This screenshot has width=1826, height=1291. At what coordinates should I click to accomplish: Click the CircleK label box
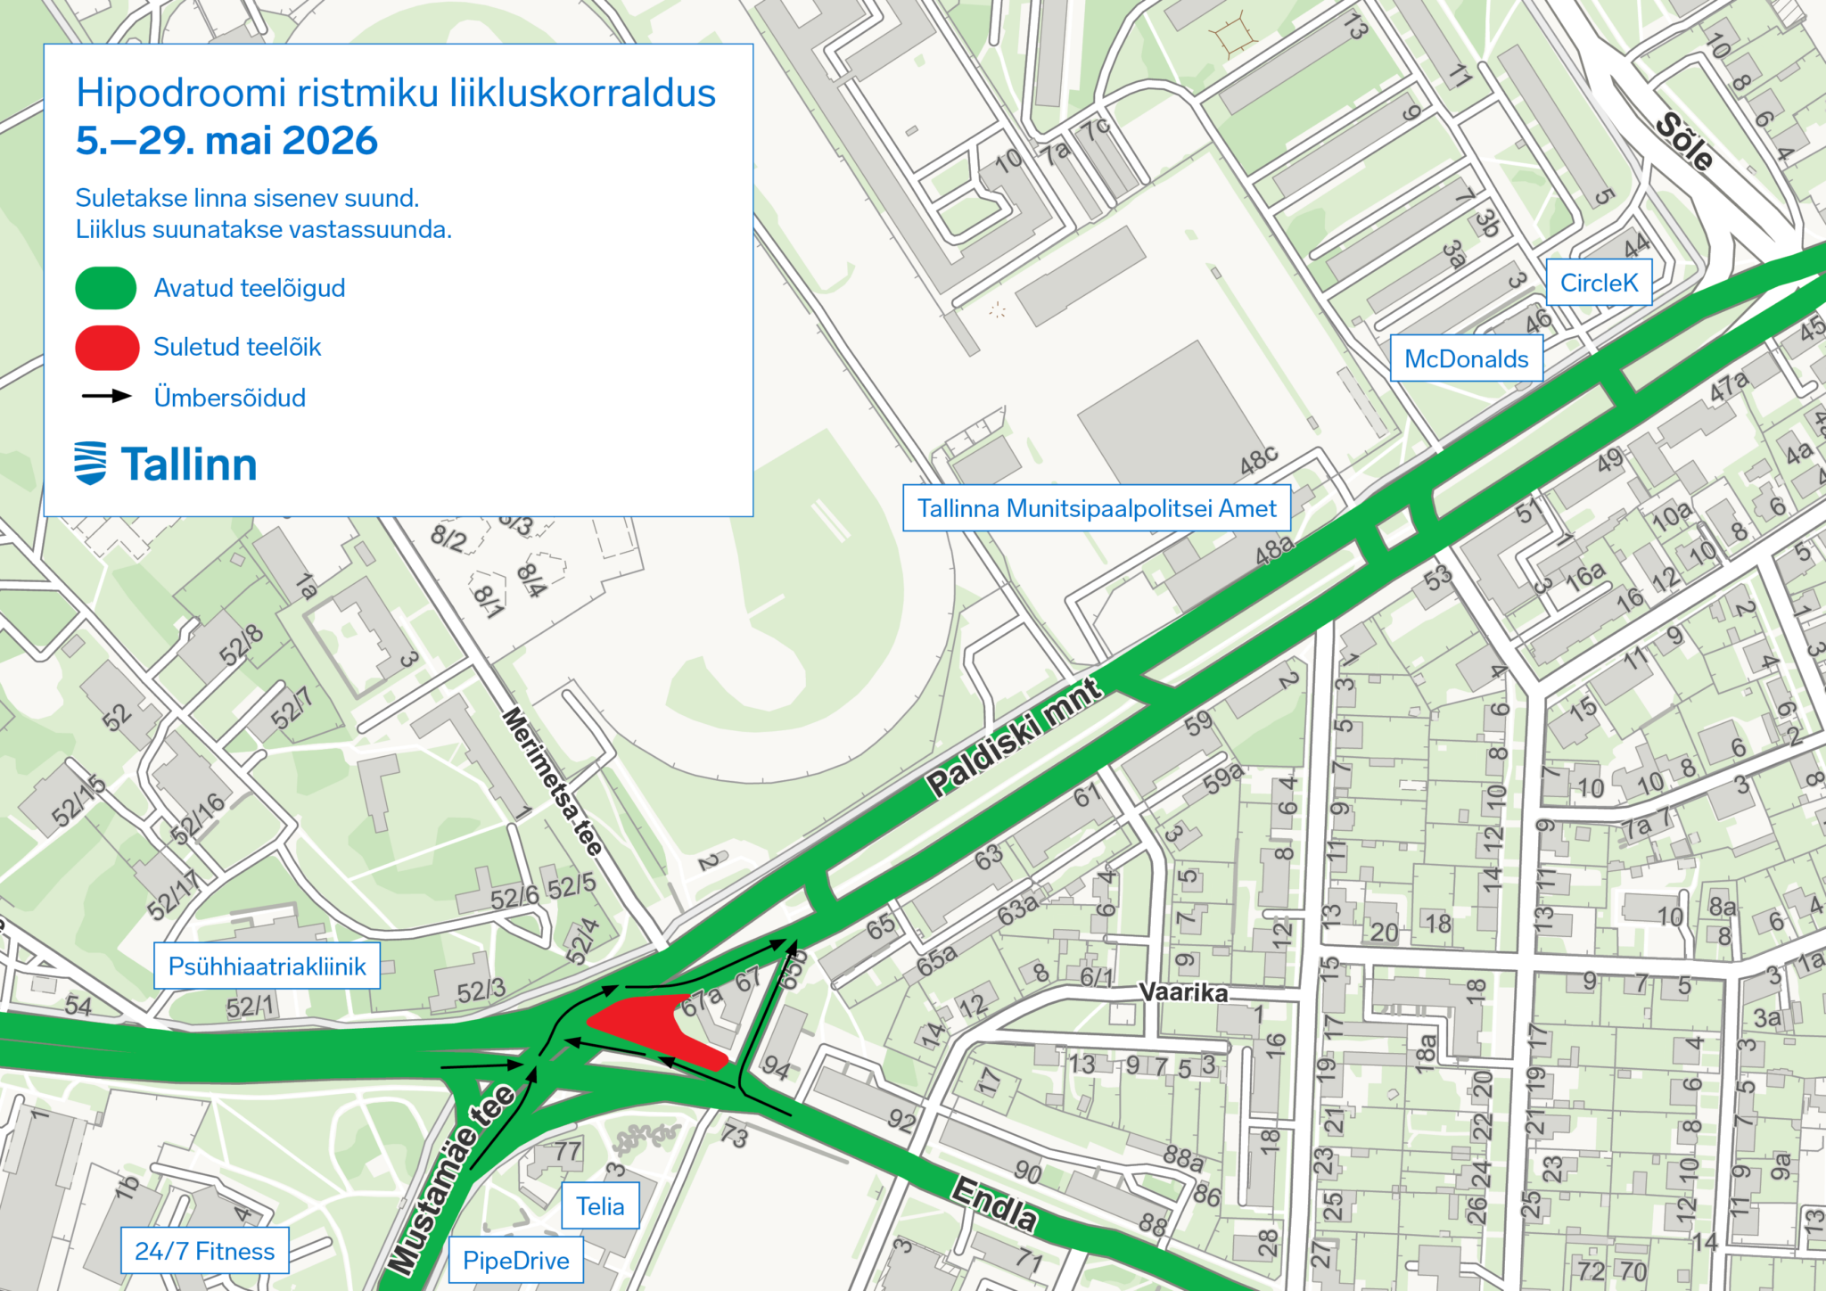point(1599,283)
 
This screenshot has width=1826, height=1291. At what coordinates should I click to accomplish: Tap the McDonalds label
point(1467,358)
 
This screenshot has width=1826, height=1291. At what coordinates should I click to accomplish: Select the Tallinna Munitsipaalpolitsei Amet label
point(1097,508)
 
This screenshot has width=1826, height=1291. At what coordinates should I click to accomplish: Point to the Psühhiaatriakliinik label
point(267,966)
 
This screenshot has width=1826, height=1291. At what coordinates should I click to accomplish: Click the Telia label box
point(600,1206)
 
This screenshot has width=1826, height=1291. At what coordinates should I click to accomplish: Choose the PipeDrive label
point(515,1260)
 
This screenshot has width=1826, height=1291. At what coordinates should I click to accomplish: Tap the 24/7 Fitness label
point(204,1251)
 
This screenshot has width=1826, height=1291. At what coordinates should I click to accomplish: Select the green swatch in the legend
point(106,288)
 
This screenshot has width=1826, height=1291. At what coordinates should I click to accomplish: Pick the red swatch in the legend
point(107,347)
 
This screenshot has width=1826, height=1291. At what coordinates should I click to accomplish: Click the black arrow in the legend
point(106,396)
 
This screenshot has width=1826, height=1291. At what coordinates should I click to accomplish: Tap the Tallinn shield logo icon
point(90,463)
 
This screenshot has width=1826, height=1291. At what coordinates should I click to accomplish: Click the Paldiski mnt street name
point(1014,738)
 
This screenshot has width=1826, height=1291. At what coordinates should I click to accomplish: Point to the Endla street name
point(995,1205)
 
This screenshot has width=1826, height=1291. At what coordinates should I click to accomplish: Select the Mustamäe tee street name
point(451,1178)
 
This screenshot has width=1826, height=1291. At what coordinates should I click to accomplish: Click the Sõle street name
point(1683,142)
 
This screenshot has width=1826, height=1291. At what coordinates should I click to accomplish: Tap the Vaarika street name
point(1183,992)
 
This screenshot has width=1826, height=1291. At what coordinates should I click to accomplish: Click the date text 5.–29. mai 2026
point(226,141)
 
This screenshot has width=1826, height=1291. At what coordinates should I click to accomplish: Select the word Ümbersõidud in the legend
point(229,398)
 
